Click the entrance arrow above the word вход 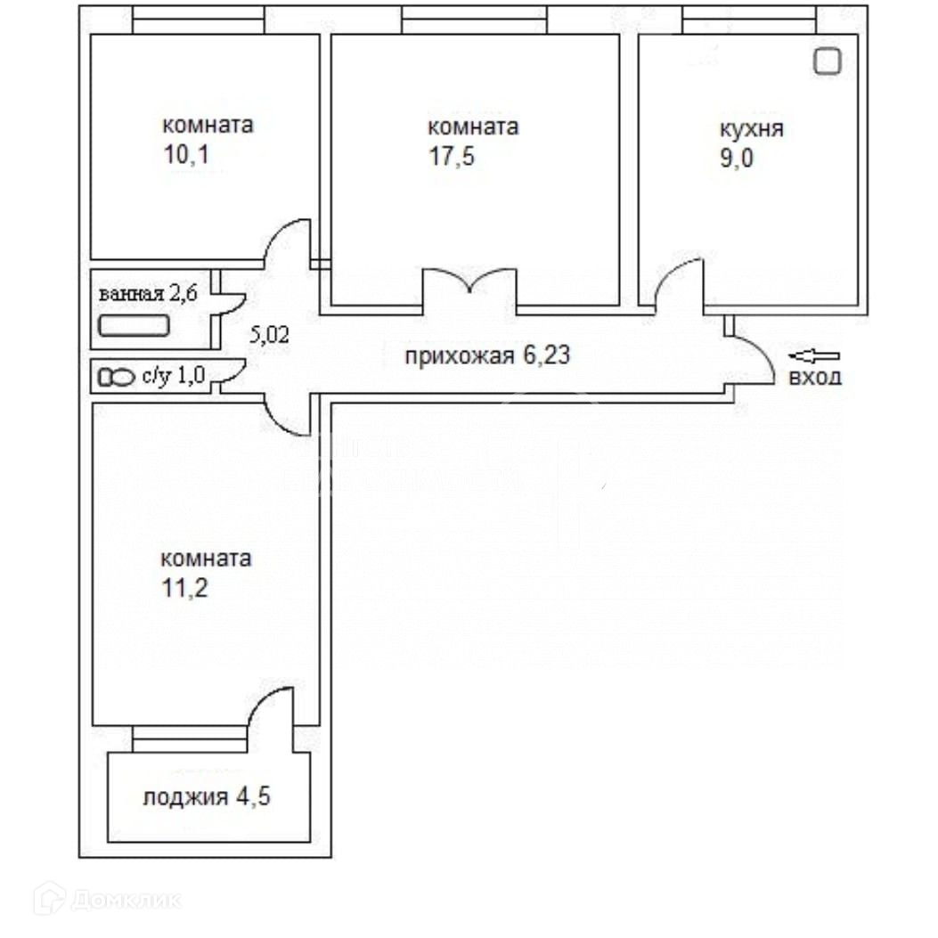pos(814,356)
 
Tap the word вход pos(815,378)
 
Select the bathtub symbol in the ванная pos(134,326)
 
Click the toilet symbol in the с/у pos(117,378)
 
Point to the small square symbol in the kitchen pos(828,61)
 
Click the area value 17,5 pos(452,156)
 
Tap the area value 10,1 pos(186,154)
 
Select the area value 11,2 pos(185,588)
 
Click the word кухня pos(751,129)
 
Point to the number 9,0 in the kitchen pos(737,158)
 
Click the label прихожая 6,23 pos(487,356)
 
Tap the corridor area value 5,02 pos(269,334)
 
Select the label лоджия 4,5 pos(207,797)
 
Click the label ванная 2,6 pos(148,294)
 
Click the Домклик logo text pos(126,900)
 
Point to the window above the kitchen pos(749,20)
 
